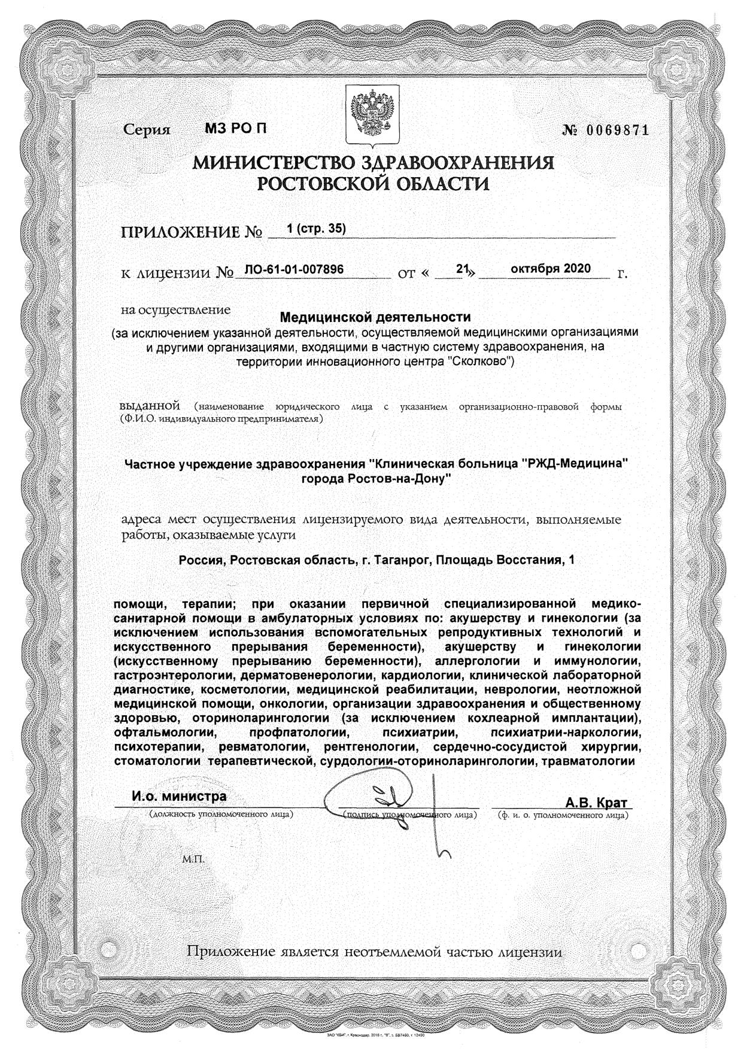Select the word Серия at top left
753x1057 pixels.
pos(147,130)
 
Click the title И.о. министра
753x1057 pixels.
pos(179,797)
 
